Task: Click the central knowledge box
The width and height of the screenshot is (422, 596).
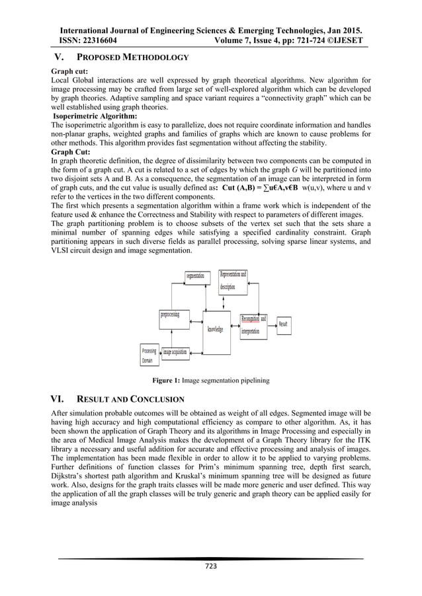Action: click(x=214, y=329)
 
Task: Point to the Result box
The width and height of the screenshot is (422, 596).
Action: click(x=282, y=324)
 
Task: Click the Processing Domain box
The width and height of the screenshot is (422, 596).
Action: click(x=148, y=355)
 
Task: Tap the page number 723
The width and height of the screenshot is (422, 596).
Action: click(x=211, y=566)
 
